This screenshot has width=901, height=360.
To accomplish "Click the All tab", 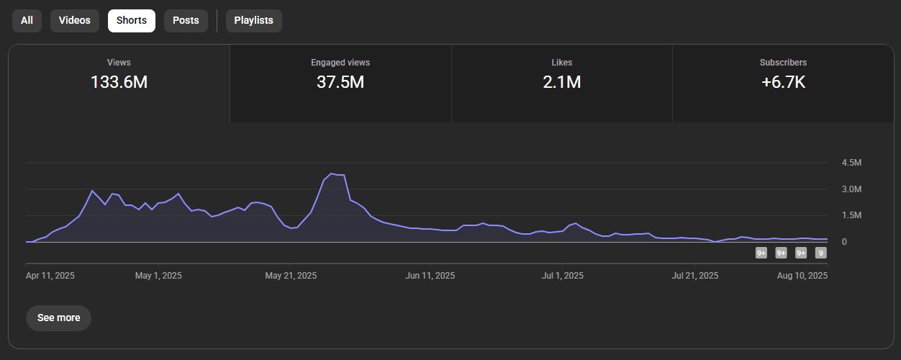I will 27,20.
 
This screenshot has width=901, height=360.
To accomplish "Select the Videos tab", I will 75,20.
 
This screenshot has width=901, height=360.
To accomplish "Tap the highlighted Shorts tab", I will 132,20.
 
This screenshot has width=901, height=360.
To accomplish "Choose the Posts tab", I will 186,20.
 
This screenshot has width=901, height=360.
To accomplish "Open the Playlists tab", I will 254,20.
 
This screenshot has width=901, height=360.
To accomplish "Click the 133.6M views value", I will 119,82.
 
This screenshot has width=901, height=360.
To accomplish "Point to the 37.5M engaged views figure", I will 340,82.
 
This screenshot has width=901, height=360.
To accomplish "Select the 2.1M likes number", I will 561,82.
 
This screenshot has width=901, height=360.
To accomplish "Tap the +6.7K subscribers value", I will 783,82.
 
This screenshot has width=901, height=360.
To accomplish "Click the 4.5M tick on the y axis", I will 852,163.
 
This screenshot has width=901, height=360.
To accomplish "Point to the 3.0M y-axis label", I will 852,189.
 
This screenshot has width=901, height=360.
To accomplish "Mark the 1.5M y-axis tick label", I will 852,215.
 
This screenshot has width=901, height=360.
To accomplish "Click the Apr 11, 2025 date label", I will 50,275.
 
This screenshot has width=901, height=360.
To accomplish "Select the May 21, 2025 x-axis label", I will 291,275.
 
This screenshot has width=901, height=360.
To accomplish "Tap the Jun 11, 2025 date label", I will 430,275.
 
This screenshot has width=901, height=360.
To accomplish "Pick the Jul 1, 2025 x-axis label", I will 563,275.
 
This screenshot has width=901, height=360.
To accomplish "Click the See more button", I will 58,318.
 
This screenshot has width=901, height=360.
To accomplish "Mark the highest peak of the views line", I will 331,174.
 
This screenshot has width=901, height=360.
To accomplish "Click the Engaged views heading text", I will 340,63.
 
